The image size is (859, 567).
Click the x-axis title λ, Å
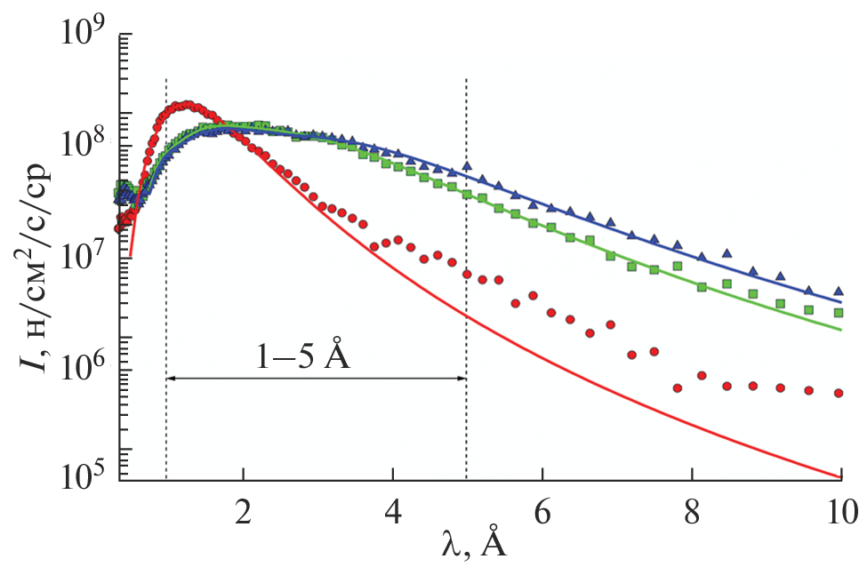pyautogui.click(x=477, y=543)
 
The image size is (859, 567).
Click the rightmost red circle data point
pyautogui.click(x=839, y=393)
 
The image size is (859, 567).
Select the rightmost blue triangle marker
pyautogui.click(x=839, y=291)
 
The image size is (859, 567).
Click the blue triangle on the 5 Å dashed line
pyautogui.click(x=466, y=166)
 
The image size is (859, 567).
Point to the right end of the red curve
pyautogui.click(x=840, y=477)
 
